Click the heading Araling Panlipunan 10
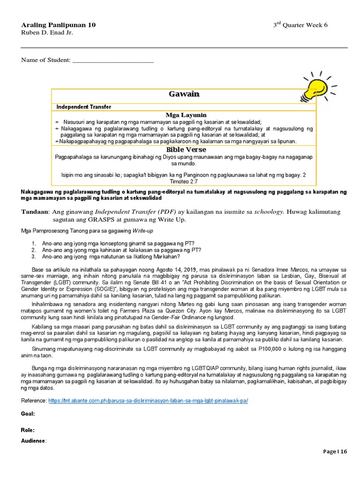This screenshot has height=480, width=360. click(58, 25)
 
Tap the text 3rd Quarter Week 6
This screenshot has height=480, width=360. click(300, 25)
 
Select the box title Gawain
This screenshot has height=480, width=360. click(184, 94)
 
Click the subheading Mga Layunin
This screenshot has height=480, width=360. click(186, 115)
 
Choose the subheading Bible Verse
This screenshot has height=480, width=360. click(186, 149)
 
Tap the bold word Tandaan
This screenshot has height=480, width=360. click(34, 211)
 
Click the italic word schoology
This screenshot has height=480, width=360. click(269, 211)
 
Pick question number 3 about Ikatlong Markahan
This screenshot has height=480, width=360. click(110, 256)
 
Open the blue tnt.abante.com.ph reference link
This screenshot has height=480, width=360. click(148, 401)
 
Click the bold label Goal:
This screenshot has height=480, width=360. click(28, 414)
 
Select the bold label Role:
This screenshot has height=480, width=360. click(28, 430)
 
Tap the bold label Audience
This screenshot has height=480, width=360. click(33, 441)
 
